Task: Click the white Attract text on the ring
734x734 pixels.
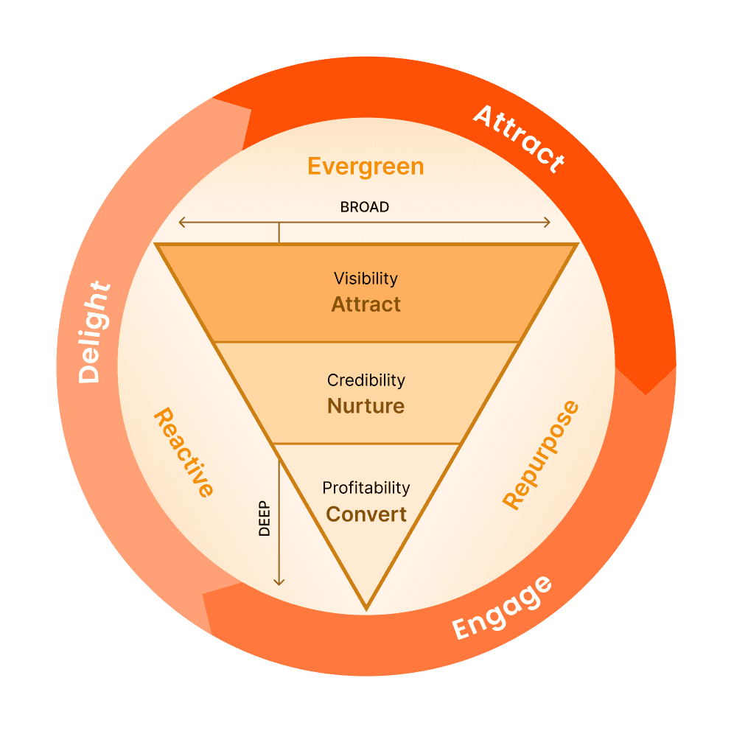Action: tap(519, 138)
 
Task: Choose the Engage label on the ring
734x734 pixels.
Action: tap(502, 607)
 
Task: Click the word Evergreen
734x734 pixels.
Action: tap(366, 167)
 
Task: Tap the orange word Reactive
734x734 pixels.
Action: tap(183, 453)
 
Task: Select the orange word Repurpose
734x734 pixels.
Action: tap(541, 455)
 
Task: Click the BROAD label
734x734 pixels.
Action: tap(364, 207)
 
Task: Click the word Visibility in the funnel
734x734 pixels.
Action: tap(366, 279)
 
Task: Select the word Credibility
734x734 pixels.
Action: tap(366, 380)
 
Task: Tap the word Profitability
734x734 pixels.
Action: tap(366, 488)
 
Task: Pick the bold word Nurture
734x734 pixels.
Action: tap(366, 406)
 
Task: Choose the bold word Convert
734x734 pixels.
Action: tap(366, 514)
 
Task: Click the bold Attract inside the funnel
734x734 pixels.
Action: tap(366, 304)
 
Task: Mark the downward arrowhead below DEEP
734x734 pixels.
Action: tap(279, 581)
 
